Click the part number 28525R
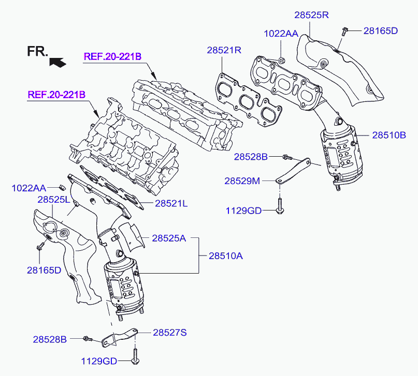[312, 15]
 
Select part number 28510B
[389, 136]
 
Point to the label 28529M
[242, 181]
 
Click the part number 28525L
[54, 199]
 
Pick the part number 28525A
[169, 238]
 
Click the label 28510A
[226, 255]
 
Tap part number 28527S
[169, 333]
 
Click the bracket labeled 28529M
[295, 169]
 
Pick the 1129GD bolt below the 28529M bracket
[279, 206]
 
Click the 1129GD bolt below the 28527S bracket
[136, 355]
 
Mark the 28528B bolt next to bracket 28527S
[87, 339]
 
